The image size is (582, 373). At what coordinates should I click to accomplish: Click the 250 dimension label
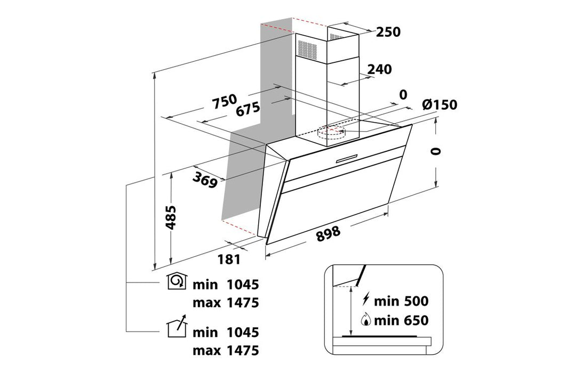[388, 32]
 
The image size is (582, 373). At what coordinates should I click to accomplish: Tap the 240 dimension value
[379, 69]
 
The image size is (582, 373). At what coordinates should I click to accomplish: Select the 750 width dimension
[224, 101]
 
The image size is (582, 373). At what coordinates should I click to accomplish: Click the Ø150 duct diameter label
[440, 105]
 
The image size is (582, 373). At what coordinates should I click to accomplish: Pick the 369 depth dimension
[205, 180]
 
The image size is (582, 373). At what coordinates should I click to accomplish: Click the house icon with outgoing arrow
[178, 326]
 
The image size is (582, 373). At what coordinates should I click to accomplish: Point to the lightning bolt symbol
[366, 299]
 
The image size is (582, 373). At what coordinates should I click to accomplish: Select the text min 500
[401, 301]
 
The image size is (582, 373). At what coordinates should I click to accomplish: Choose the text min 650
[401, 320]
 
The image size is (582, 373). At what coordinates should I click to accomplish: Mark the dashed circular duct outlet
[331, 132]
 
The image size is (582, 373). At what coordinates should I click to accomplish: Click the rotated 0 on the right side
[437, 151]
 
